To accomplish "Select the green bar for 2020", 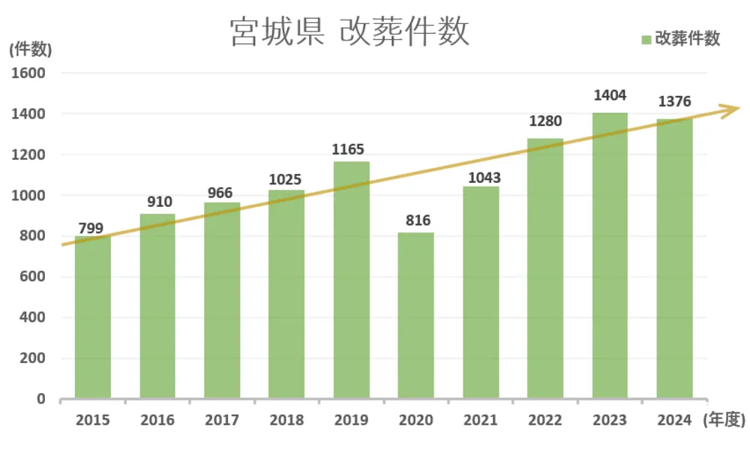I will pyautogui.click(x=415, y=315).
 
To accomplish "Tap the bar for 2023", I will pyautogui.click(x=610, y=255).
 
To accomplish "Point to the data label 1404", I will pyautogui.click(x=610, y=96).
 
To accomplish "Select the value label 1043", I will pyautogui.click(x=481, y=178).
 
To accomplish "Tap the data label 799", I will pyautogui.click(x=91, y=229).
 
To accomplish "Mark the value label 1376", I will pyautogui.click(x=673, y=102).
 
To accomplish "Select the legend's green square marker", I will pyautogui.click(x=646, y=40).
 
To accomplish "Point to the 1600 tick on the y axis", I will pyautogui.click(x=28, y=73).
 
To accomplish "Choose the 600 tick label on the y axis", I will pyautogui.click(x=32, y=277).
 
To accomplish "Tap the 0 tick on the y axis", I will pyautogui.click(x=41, y=399).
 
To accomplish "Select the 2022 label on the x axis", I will pyautogui.click(x=545, y=420).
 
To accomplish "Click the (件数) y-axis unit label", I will pyautogui.click(x=31, y=49).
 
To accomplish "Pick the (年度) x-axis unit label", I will pyautogui.click(x=724, y=420).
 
